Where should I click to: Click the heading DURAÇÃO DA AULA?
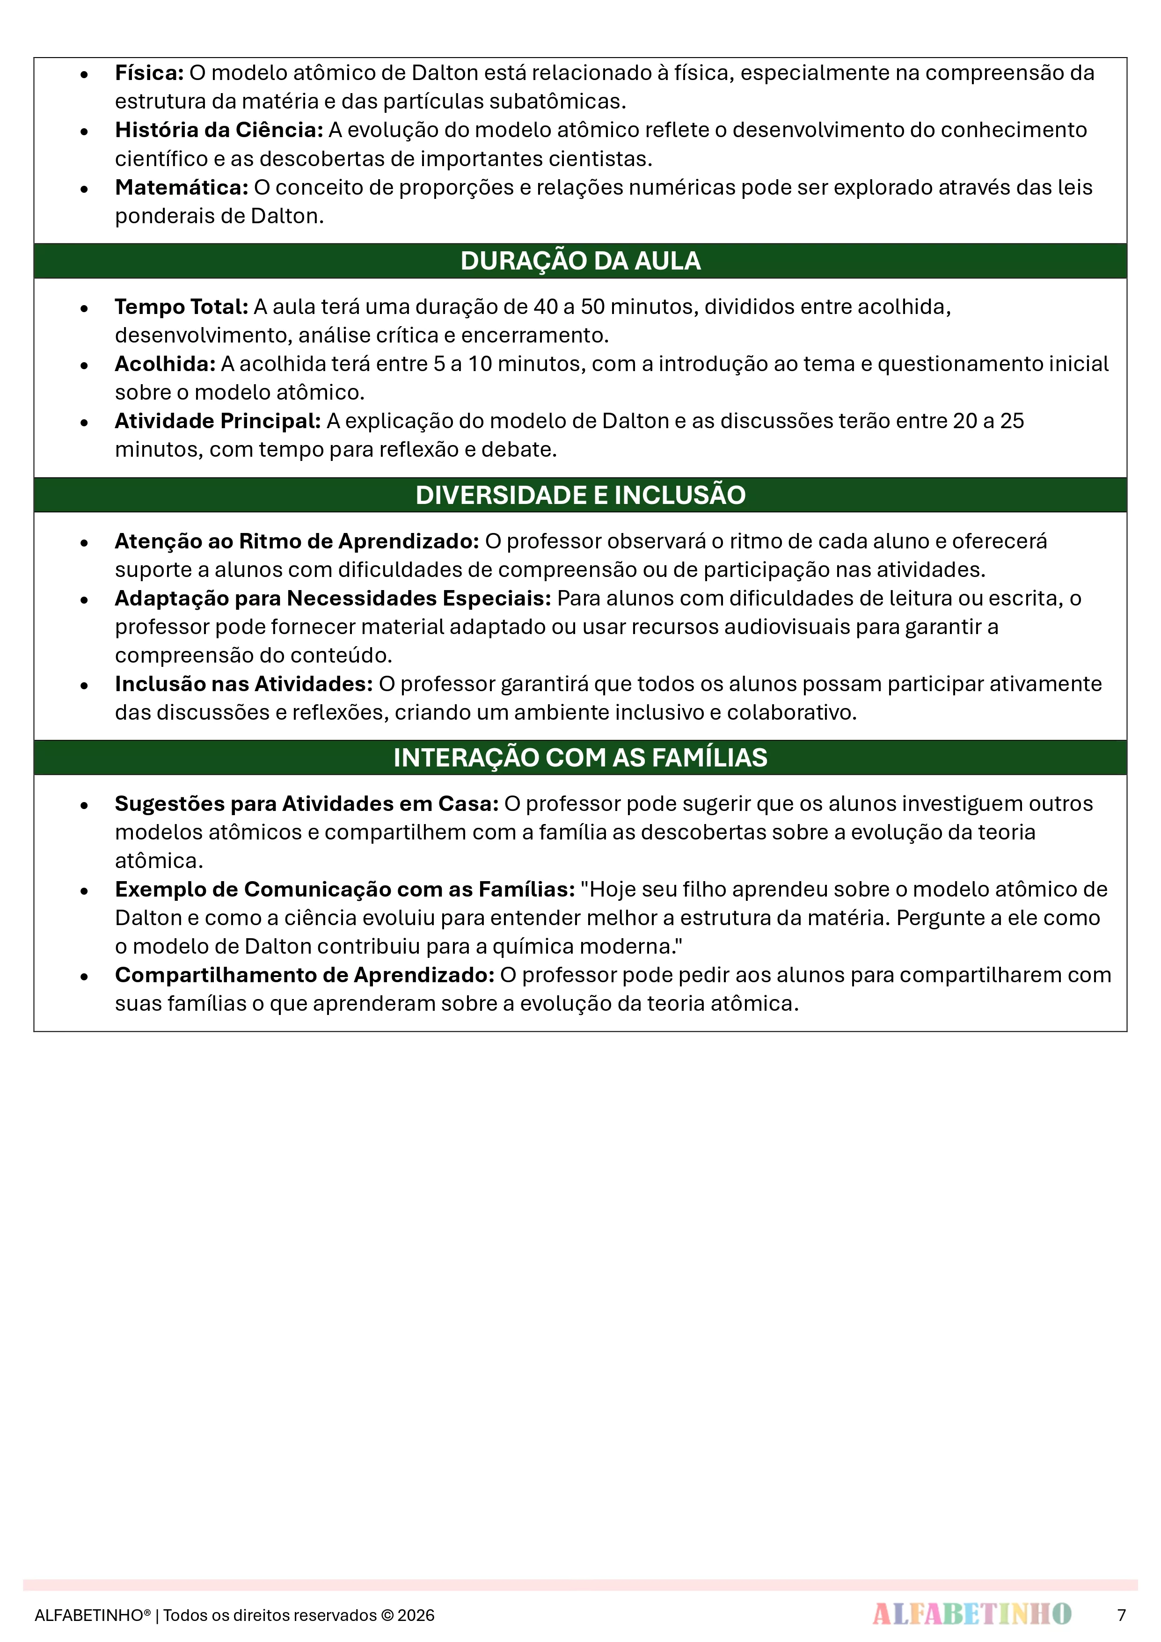tap(580, 261)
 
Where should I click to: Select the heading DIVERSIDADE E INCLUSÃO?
tap(580, 495)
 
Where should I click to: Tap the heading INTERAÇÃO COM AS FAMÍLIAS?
tap(580, 757)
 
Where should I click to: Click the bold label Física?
tap(149, 73)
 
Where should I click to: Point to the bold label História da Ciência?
tap(219, 130)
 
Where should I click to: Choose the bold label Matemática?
tap(182, 187)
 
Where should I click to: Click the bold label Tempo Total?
tap(182, 307)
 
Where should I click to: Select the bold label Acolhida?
tap(165, 364)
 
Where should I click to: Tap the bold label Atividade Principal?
tap(218, 421)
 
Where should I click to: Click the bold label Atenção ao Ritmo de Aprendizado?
tap(297, 541)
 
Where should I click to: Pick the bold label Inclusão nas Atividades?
tap(244, 685)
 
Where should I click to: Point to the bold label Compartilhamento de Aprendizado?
tap(305, 976)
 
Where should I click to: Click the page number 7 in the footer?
tap(1121, 1615)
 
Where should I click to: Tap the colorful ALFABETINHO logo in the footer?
tap(971, 1614)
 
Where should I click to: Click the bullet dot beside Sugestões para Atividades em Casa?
tap(84, 805)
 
